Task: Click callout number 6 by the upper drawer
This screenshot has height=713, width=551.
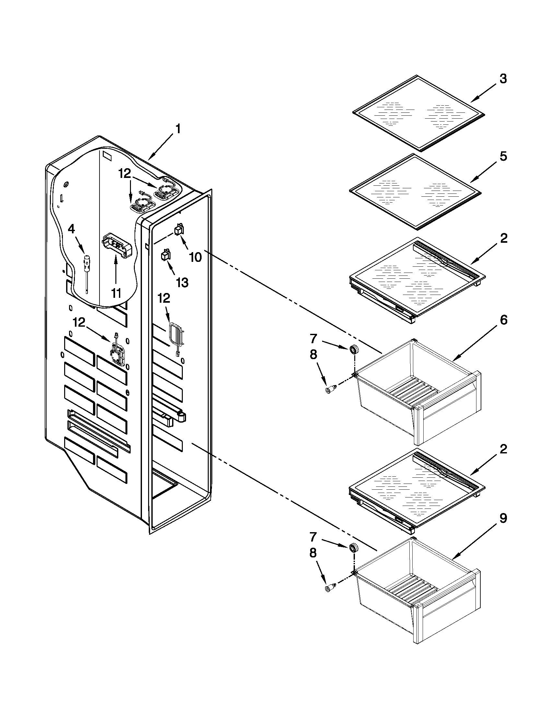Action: coord(503,320)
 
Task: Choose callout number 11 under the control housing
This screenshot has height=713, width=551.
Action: coord(116,293)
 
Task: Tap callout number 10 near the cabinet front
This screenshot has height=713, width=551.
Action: coord(195,257)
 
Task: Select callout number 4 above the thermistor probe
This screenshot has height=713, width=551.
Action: coord(71,229)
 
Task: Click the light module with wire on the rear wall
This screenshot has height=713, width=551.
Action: coord(117,354)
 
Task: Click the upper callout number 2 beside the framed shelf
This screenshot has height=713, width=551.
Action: coord(503,239)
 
